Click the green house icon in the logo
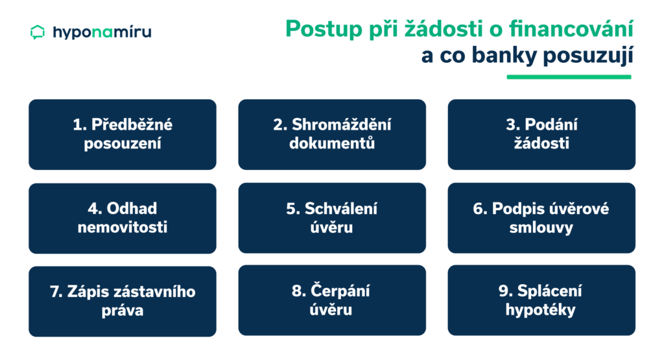38,32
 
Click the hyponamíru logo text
102,32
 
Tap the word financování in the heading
571,29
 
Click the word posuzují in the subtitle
587,56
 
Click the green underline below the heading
569,77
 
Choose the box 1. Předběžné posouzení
123,135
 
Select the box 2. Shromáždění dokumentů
332,135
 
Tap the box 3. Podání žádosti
541,135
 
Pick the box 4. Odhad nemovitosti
123,218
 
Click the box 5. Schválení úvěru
332,218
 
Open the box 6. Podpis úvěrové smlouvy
541,218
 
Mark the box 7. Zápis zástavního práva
123,301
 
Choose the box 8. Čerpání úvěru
332,300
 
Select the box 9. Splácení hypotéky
541,300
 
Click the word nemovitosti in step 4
123,228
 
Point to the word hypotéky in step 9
540,310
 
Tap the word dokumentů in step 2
332,143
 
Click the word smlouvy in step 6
541,228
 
